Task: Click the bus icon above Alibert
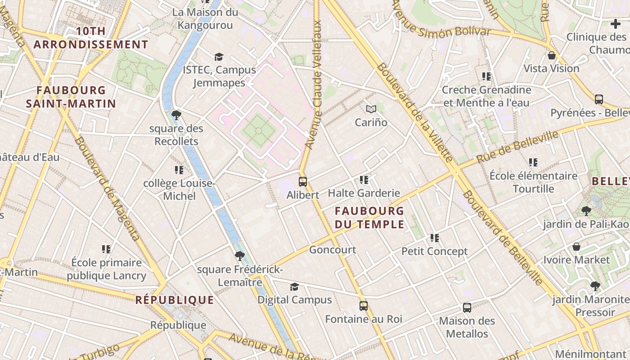click(x=303, y=182)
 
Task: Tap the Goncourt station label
click(x=333, y=250)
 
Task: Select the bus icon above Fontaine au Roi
click(x=364, y=306)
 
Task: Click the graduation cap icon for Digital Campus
click(x=294, y=287)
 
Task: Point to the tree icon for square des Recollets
click(x=176, y=115)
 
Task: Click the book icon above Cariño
click(x=371, y=109)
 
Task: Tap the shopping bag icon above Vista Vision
click(x=551, y=55)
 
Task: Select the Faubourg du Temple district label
click(x=369, y=217)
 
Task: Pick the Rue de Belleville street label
click(x=517, y=147)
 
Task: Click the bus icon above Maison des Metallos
click(x=467, y=308)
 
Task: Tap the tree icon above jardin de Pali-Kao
click(x=586, y=211)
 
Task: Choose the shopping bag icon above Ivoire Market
click(x=576, y=247)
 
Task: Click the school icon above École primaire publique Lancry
click(x=106, y=249)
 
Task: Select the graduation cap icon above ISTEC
click(x=219, y=57)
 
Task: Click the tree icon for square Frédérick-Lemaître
click(x=239, y=256)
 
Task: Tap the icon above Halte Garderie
click(x=364, y=180)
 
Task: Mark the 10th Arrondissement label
click(x=91, y=38)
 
